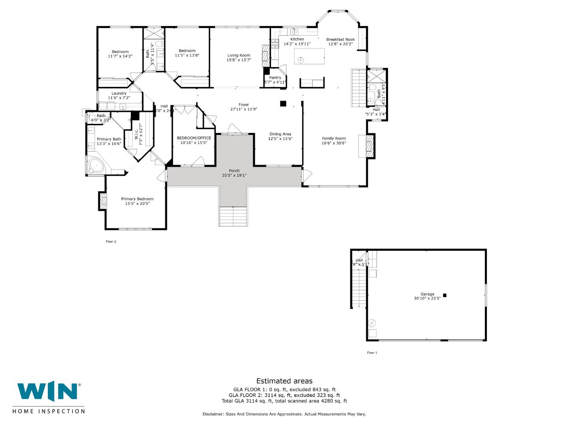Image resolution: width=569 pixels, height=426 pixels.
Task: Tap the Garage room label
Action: point(427,294)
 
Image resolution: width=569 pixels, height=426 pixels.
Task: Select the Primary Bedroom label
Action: point(137,199)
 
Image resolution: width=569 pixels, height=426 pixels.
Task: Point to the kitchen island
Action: point(309,56)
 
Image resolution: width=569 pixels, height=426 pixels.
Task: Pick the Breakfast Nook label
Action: point(340,39)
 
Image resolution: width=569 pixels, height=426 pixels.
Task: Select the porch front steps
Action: point(233,216)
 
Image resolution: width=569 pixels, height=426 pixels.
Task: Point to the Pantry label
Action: point(275,78)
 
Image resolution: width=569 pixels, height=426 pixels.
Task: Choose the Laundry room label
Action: point(119,93)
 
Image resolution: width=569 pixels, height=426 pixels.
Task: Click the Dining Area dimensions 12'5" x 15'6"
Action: point(280,139)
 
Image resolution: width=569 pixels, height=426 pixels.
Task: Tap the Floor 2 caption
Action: point(111,241)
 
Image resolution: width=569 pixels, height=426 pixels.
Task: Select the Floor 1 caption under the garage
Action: point(372,353)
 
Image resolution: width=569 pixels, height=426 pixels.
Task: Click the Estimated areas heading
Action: point(284,381)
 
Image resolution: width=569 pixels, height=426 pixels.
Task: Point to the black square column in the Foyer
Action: point(283,104)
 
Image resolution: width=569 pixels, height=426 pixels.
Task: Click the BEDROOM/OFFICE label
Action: point(194,138)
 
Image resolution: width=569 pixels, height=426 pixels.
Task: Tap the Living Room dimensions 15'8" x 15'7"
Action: point(239,60)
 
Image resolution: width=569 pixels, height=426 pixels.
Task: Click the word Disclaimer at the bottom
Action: point(213,414)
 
